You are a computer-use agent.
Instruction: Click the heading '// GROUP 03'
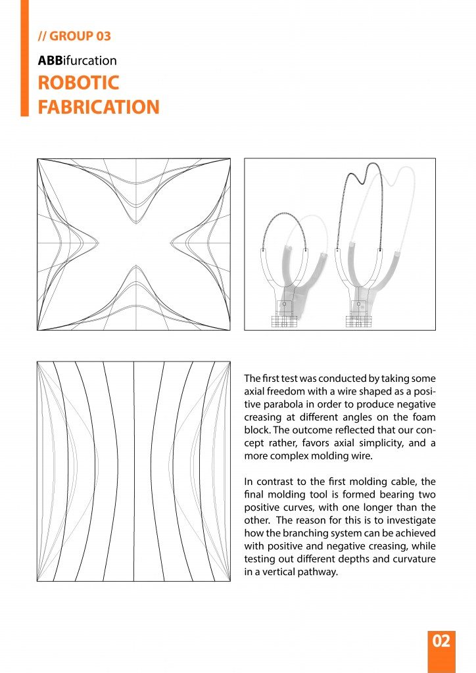(74, 36)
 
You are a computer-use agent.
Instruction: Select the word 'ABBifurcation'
(77, 60)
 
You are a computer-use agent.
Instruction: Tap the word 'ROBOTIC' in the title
(79, 83)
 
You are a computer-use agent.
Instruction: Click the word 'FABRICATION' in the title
(99, 107)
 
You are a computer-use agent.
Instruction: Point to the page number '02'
(441, 641)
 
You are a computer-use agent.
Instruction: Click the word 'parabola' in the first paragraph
(285, 404)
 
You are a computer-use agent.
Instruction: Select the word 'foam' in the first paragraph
(425, 417)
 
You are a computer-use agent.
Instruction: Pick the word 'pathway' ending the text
(318, 571)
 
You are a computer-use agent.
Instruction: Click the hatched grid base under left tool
(284, 322)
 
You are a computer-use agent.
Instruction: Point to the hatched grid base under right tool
(358, 322)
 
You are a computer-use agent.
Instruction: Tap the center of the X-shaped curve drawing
(133, 244)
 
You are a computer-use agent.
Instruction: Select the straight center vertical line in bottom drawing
(134, 471)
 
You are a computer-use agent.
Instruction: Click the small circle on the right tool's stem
(358, 305)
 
